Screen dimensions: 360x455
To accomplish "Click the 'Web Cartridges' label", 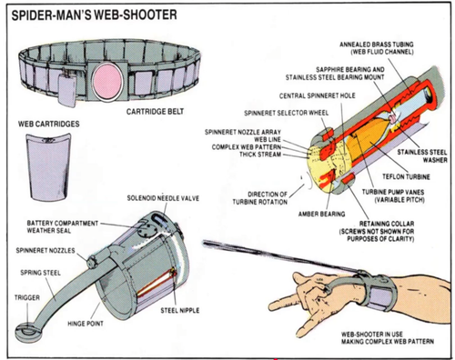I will [x=45, y=122].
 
